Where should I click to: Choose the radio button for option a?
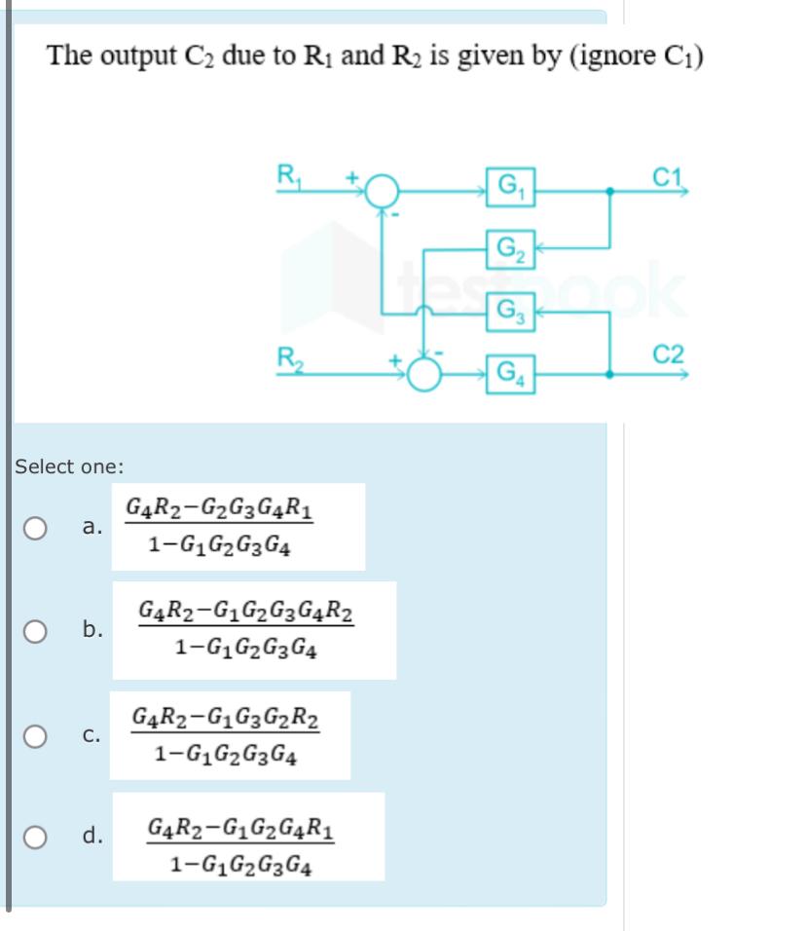[x=35, y=528]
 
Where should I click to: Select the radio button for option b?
[x=35, y=631]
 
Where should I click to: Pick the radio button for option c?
[x=35, y=736]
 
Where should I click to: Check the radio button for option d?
[x=35, y=837]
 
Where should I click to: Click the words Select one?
[x=69, y=466]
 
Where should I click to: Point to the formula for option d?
[x=243, y=837]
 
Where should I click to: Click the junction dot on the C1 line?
[x=610, y=192]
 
